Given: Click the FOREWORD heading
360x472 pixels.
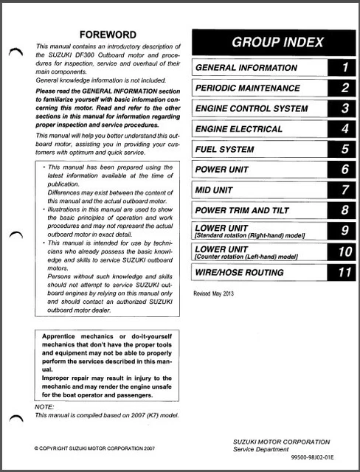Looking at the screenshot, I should [108, 34].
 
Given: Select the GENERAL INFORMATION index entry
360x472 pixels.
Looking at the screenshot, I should [246, 68].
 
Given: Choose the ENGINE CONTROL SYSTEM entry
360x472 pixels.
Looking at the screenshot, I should [252, 108].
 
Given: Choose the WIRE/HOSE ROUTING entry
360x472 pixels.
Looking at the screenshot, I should [239, 272].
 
